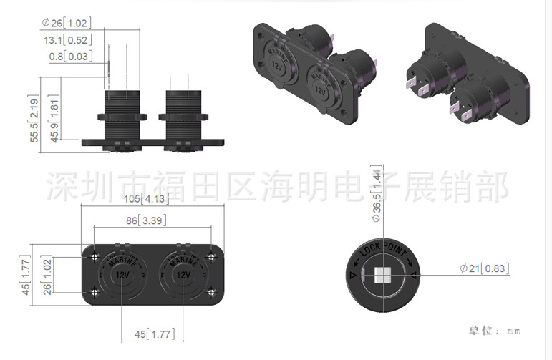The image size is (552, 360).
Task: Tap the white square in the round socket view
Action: point(382,276)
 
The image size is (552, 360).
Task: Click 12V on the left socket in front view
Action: point(122,275)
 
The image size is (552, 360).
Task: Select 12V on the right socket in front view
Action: point(183,275)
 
